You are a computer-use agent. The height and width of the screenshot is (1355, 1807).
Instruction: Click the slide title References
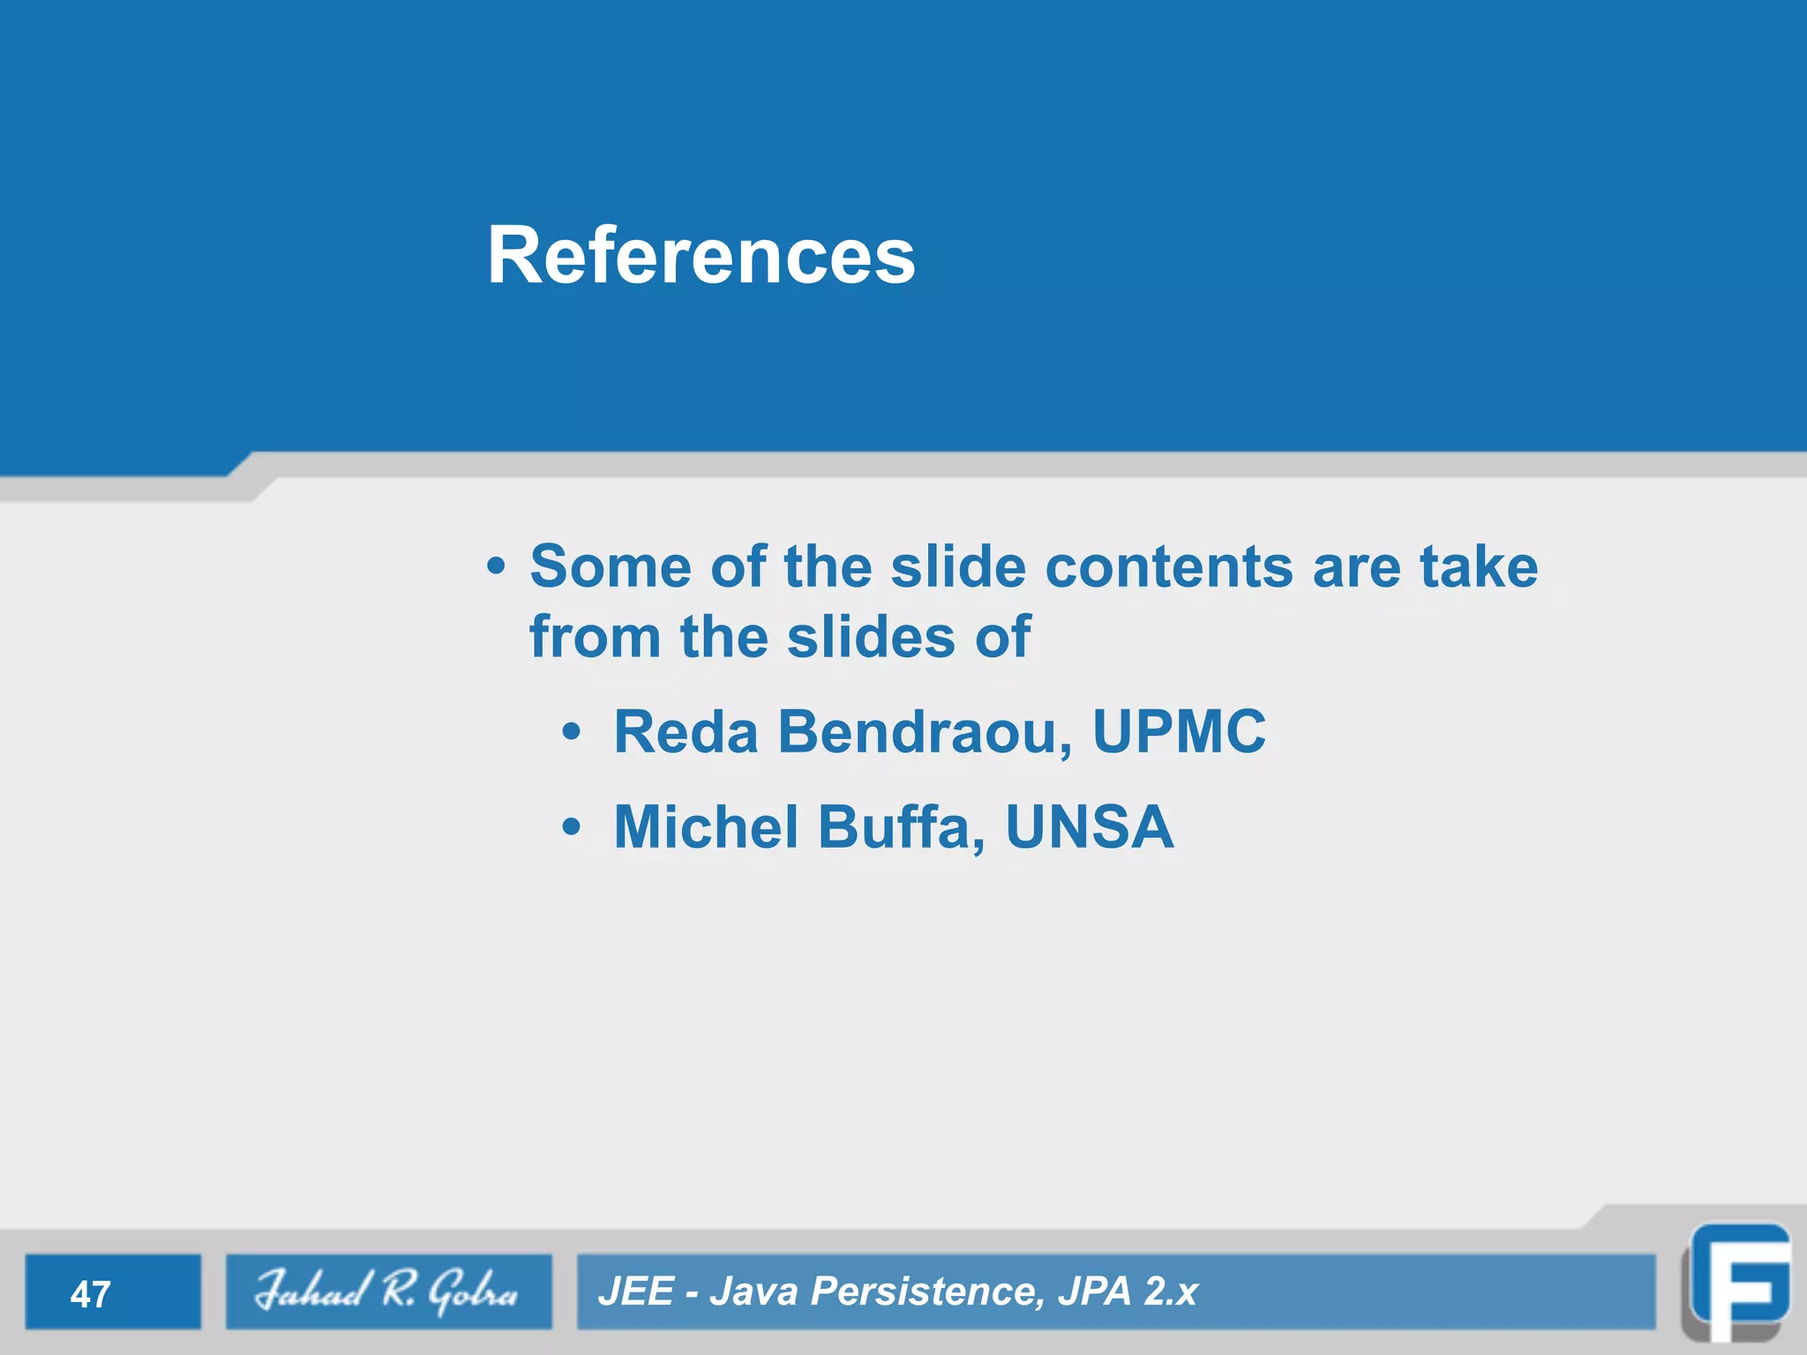(701, 256)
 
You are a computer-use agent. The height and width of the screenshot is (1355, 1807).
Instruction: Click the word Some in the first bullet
(610, 566)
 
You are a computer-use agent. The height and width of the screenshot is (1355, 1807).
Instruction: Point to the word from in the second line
(595, 637)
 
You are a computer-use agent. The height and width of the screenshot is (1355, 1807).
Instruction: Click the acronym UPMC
(1179, 732)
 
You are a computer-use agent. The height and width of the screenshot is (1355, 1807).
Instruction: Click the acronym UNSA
(1089, 827)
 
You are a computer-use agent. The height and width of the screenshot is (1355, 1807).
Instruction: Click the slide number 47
(90, 1294)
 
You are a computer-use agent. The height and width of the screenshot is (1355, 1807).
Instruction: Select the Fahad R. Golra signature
(386, 1291)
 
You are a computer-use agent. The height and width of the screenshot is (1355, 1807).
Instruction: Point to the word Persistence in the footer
(926, 1291)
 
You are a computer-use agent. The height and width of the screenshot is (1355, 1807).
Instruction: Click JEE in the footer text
(635, 1291)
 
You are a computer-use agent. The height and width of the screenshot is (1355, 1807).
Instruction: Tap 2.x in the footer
(1170, 1291)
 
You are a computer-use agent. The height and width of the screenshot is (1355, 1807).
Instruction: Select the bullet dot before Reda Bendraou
(572, 732)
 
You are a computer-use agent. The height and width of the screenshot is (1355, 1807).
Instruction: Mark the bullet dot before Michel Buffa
(572, 827)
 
